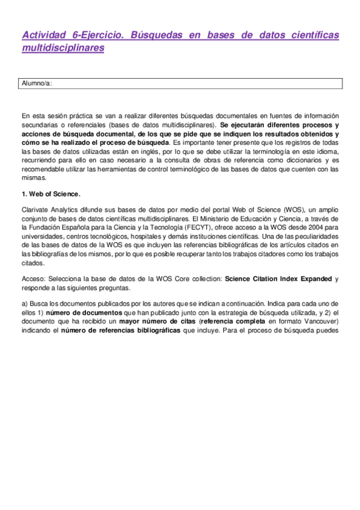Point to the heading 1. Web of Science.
(50, 194)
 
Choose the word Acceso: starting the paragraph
(32, 278)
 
